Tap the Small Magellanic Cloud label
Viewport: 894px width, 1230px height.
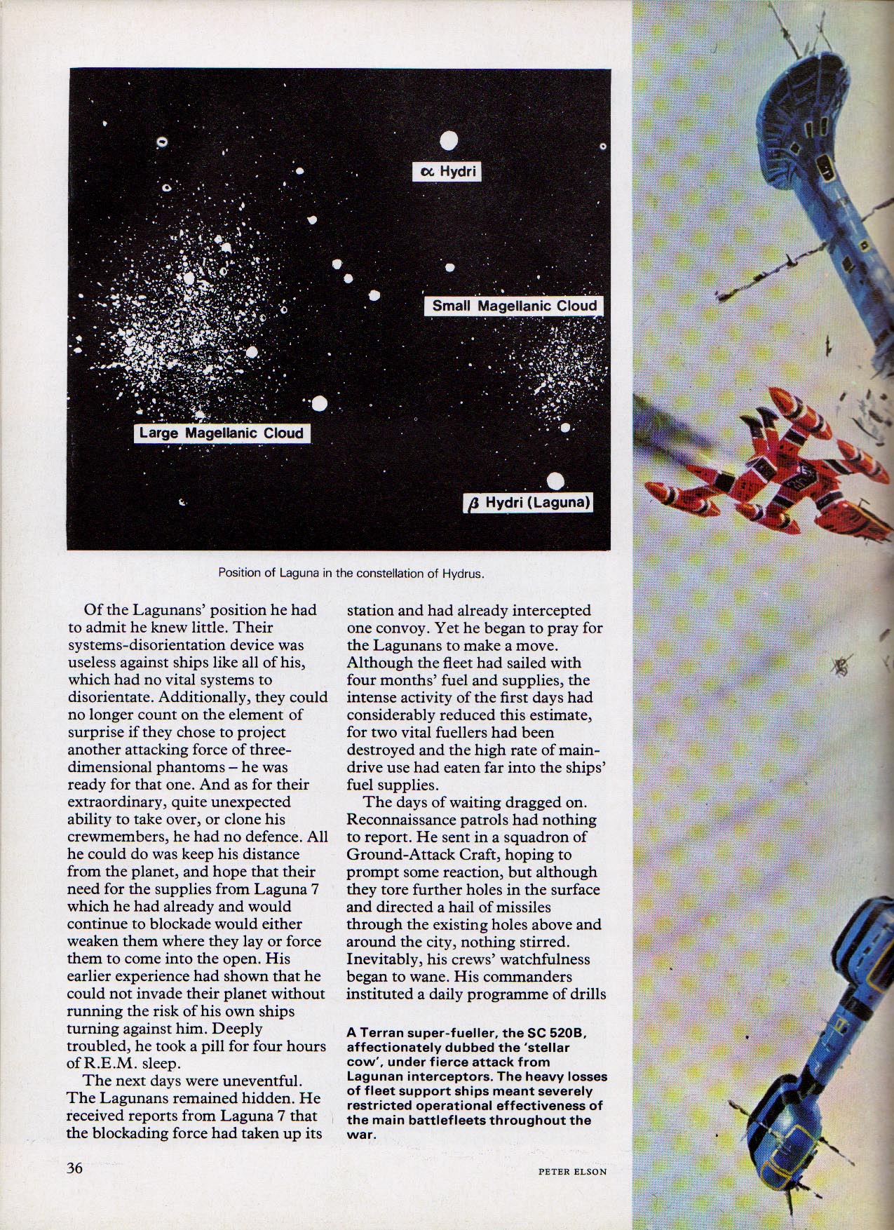point(514,306)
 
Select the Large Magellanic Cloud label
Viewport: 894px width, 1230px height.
point(222,433)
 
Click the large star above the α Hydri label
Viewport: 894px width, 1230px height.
point(449,141)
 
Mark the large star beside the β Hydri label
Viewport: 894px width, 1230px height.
point(555,481)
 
